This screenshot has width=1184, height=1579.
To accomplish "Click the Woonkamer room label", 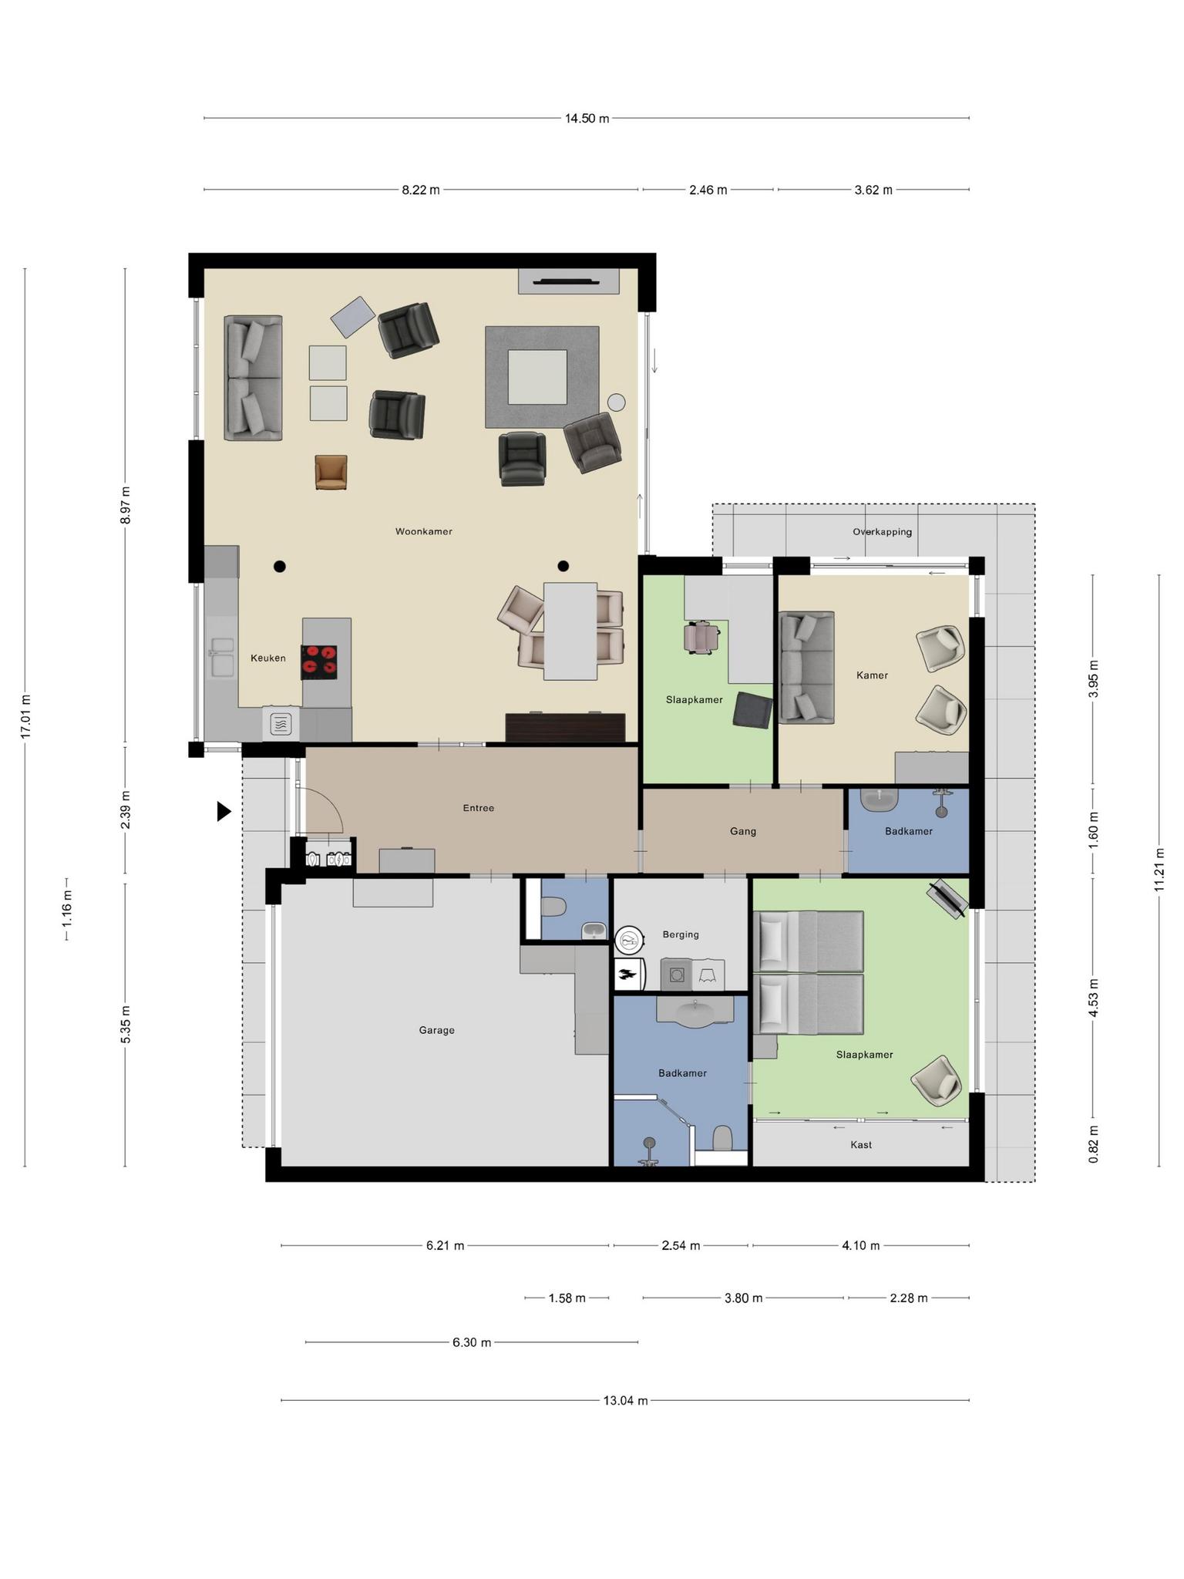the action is tap(423, 531).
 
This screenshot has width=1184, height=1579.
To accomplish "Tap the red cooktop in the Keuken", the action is tap(319, 662).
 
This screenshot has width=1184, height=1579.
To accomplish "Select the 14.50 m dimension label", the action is tap(587, 119).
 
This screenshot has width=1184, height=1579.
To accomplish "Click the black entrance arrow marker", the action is tap(224, 811).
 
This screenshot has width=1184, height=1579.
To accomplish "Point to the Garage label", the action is tap(436, 1030).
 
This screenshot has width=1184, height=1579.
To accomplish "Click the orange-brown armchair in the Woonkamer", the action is tap(331, 472).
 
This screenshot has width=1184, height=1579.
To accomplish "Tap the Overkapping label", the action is tap(882, 532).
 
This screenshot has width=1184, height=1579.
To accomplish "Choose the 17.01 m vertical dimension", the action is tap(25, 717).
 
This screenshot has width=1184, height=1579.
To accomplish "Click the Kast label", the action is tap(861, 1145).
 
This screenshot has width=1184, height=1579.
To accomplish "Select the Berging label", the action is tap(681, 934).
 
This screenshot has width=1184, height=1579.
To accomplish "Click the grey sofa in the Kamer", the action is tap(806, 668).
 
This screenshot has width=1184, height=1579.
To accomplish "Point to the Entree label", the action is tap(478, 808).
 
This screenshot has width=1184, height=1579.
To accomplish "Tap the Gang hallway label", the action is tap(742, 831).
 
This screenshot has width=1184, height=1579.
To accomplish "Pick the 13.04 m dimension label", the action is tap(625, 1400).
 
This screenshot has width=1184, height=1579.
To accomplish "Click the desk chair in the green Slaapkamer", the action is tap(701, 638).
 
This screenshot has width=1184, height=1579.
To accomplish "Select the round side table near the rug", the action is tap(616, 402).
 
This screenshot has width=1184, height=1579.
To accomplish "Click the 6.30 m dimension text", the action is tap(471, 1342).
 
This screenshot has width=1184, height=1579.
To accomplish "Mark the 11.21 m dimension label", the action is tap(1159, 870).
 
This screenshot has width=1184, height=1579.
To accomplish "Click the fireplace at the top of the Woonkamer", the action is tap(568, 281).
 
